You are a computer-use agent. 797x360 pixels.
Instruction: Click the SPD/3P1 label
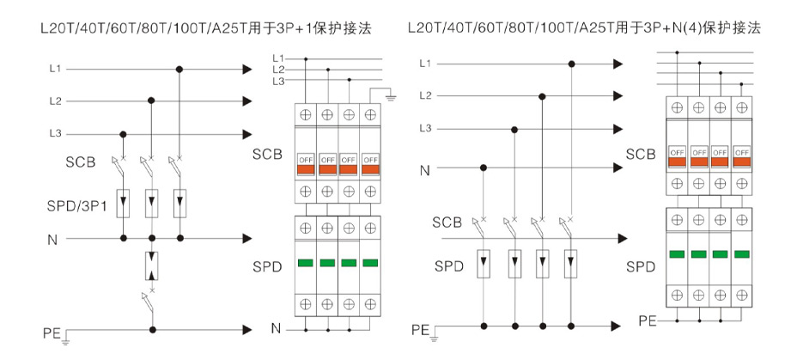pyautogui.click(x=76, y=206)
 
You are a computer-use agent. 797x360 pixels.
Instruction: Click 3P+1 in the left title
pyautogui.click(x=291, y=28)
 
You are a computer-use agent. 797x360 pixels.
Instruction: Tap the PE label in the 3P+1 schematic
pyautogui.click(x=52, y=333)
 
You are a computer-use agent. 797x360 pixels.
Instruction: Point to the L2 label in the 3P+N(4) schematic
pyautogui.click(x=425, y=95)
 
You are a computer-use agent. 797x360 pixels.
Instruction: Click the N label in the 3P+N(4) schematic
pyautogui.click(x=424, y=171)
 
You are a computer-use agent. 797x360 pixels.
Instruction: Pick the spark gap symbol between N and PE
pyautogui.click(x=152, y=266)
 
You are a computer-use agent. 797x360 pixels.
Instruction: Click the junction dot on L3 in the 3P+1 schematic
pyautogui.click(x=123, y=134)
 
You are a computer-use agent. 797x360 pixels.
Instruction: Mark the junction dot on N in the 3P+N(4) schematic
pyautogui.click(x=484, y=168)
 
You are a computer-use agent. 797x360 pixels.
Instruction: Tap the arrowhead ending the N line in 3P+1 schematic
pyautogui.click(x=247, y=238)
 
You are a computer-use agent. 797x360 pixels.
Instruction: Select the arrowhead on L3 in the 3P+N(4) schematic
pyautogui.click(x=618, y=129)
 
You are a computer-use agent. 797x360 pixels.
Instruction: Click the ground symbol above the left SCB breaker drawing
pyautogui.click(x=391, y=96)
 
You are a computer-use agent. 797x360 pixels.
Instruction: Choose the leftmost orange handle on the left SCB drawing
pyautogui.click(x=306, y=168)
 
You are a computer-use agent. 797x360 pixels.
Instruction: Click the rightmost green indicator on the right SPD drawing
pyautogui.click(x=742, y=253)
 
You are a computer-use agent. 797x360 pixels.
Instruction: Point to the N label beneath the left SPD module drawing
pyautogui.click(x=276, y=329)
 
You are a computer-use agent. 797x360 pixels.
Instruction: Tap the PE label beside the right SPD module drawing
pyautogui.click(x=648, y=320)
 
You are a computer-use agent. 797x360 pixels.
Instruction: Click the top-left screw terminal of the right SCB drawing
pyautogui.click(x=677, y=107)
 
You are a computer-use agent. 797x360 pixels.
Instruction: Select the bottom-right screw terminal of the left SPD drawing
pyautogui.click(x=370, y=303)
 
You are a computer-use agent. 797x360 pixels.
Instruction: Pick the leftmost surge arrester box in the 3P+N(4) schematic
pyautogui.click(x=484, y=264)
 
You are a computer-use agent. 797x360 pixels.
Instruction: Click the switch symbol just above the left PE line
pyautogui.click(x=149, y=300)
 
